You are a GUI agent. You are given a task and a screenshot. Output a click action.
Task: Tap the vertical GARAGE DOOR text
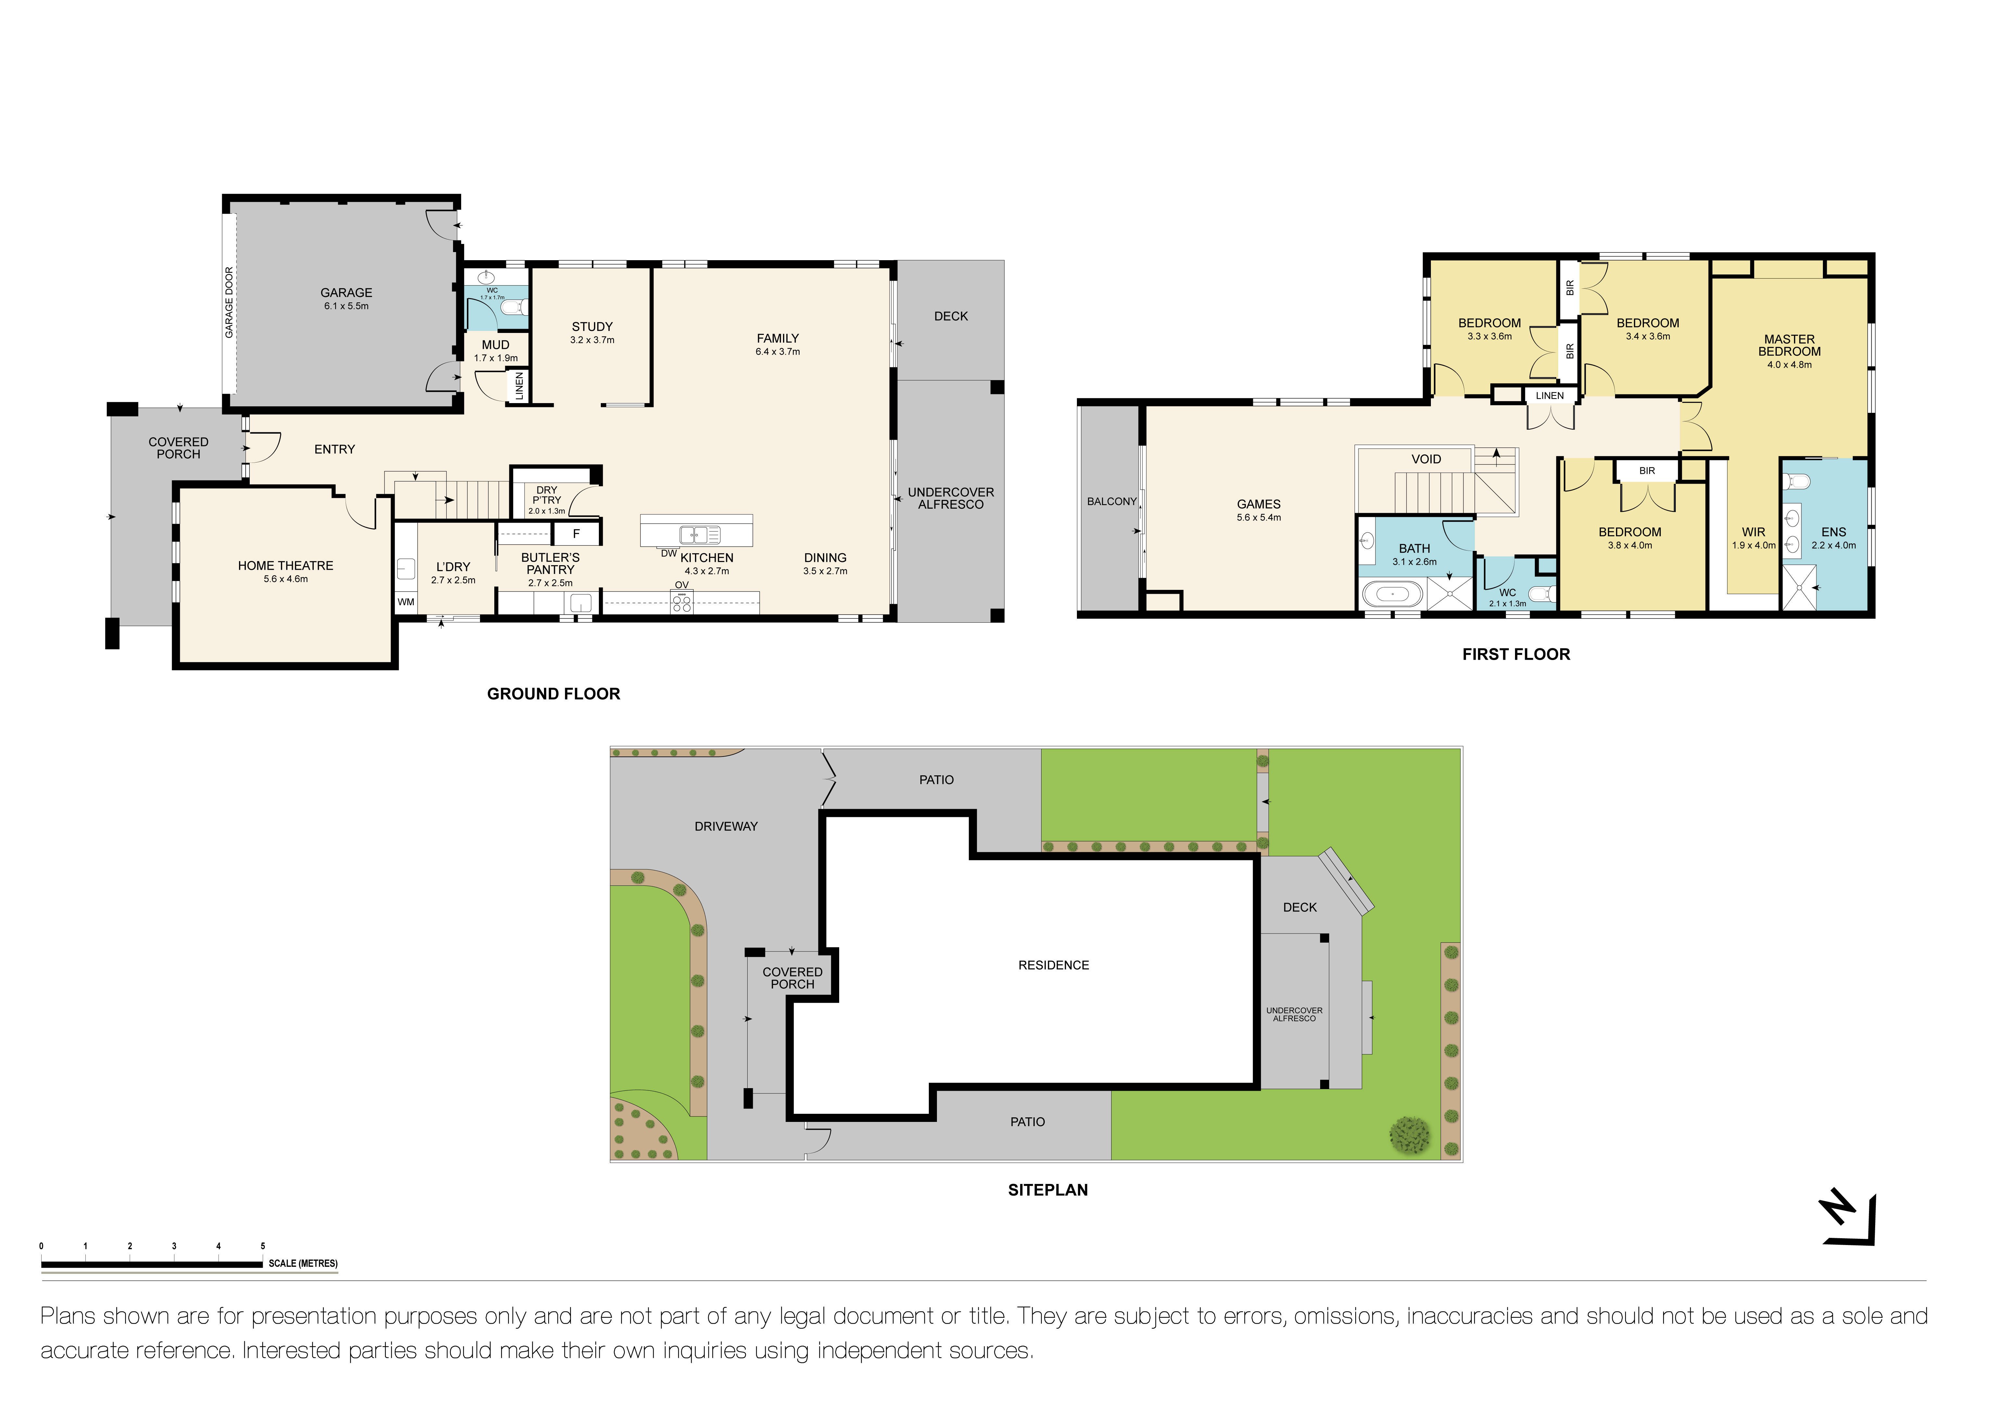click(229, 302)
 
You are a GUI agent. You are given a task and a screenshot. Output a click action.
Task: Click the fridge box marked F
click(575, 533)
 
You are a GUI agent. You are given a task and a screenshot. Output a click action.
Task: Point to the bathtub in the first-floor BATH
click(1392, 595)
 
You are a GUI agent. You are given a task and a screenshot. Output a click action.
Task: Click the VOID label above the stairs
click(1426, 459)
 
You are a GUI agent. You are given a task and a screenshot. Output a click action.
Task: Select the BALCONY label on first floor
click(1111, 501)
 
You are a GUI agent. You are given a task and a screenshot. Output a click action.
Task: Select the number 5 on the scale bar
click(262, 1246)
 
